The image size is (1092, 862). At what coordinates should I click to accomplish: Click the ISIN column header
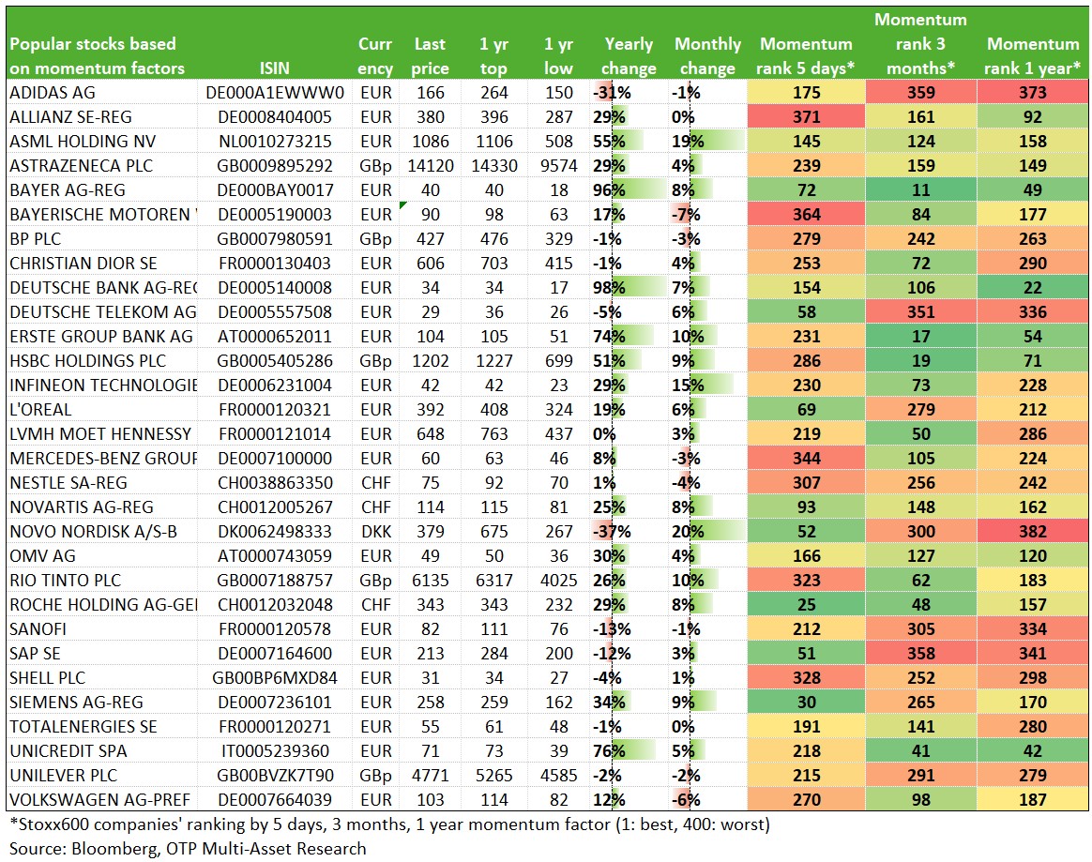pyautogui.click(x=274, y=68)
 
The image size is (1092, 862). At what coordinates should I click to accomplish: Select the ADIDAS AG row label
pyautogui.click(x=53, y=93)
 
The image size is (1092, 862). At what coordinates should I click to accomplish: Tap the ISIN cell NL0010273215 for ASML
pyautogui.click(x=274, y=142)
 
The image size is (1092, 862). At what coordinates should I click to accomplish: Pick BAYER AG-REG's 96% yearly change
pyautogui.click(x=609, y=190)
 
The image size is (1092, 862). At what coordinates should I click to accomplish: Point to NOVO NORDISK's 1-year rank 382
pyautogui.click(x=1033, y=531)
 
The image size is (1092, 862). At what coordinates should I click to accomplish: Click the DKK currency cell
pyautogui.click(x=376, y=531)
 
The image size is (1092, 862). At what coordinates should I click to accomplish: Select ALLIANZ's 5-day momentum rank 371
pyautogui.click(x=807, y=117)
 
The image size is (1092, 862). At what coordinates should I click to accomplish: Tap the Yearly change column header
pyautogui.click(x=629, y=55)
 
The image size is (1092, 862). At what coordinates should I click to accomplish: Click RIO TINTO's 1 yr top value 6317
pyautogui.click(x=493, y=580)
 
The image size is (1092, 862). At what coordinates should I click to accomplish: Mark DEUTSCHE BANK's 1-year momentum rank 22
pyautogui.click(x=1033, y=288)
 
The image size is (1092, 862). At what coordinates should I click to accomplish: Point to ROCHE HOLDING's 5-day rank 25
pyautogui.click(x=807, y=604)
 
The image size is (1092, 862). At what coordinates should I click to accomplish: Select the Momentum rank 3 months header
pyautogui.click(x=920, y=44)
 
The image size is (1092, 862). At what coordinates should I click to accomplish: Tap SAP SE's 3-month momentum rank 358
pyautogui.click(x=920, y=653)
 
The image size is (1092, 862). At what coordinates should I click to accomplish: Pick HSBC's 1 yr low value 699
pyautogui.click(x=558, y=361)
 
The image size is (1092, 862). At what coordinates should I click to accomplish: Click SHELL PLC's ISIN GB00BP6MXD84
pyautogui.click(x=274, y=677)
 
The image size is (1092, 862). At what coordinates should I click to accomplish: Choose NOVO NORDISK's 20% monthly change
pyautogui.click(x=688, y=531)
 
